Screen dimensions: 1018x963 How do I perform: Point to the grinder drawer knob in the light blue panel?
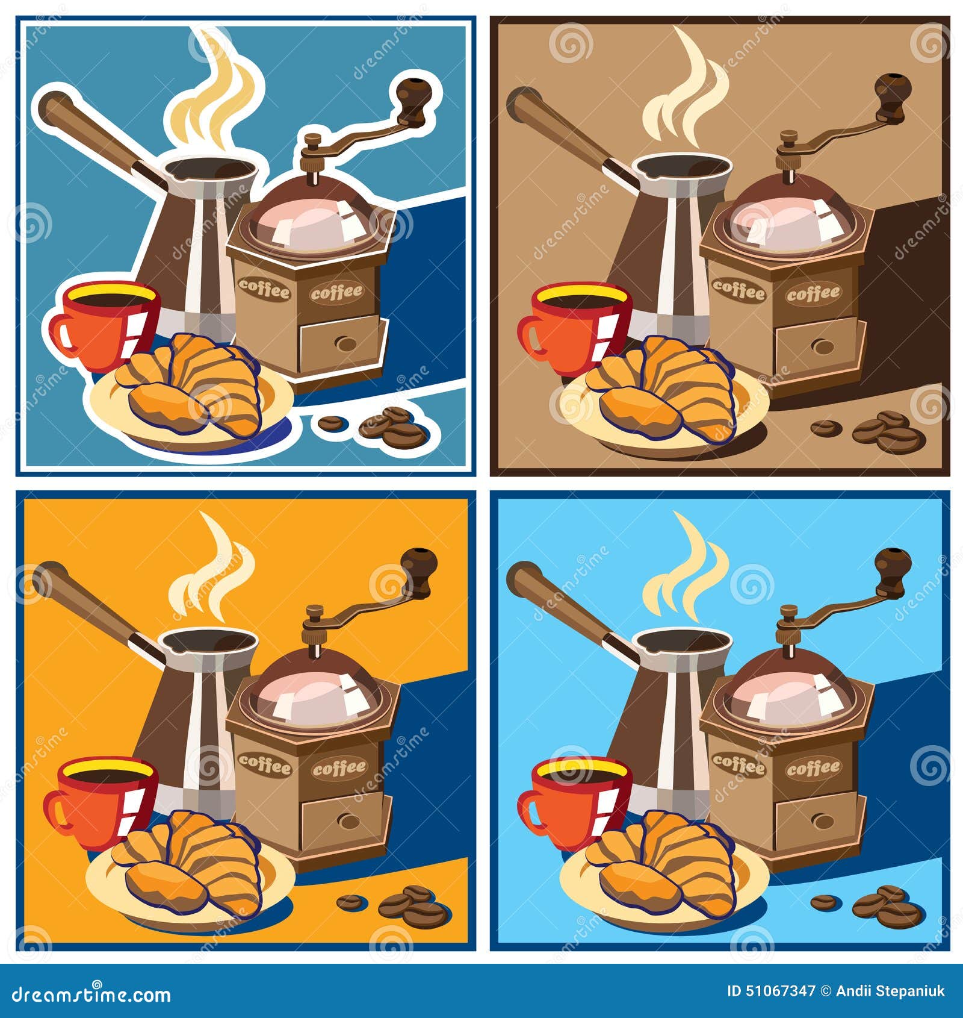822,821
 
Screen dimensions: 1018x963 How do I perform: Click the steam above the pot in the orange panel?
211,572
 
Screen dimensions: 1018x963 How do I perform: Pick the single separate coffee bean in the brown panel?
826,428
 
